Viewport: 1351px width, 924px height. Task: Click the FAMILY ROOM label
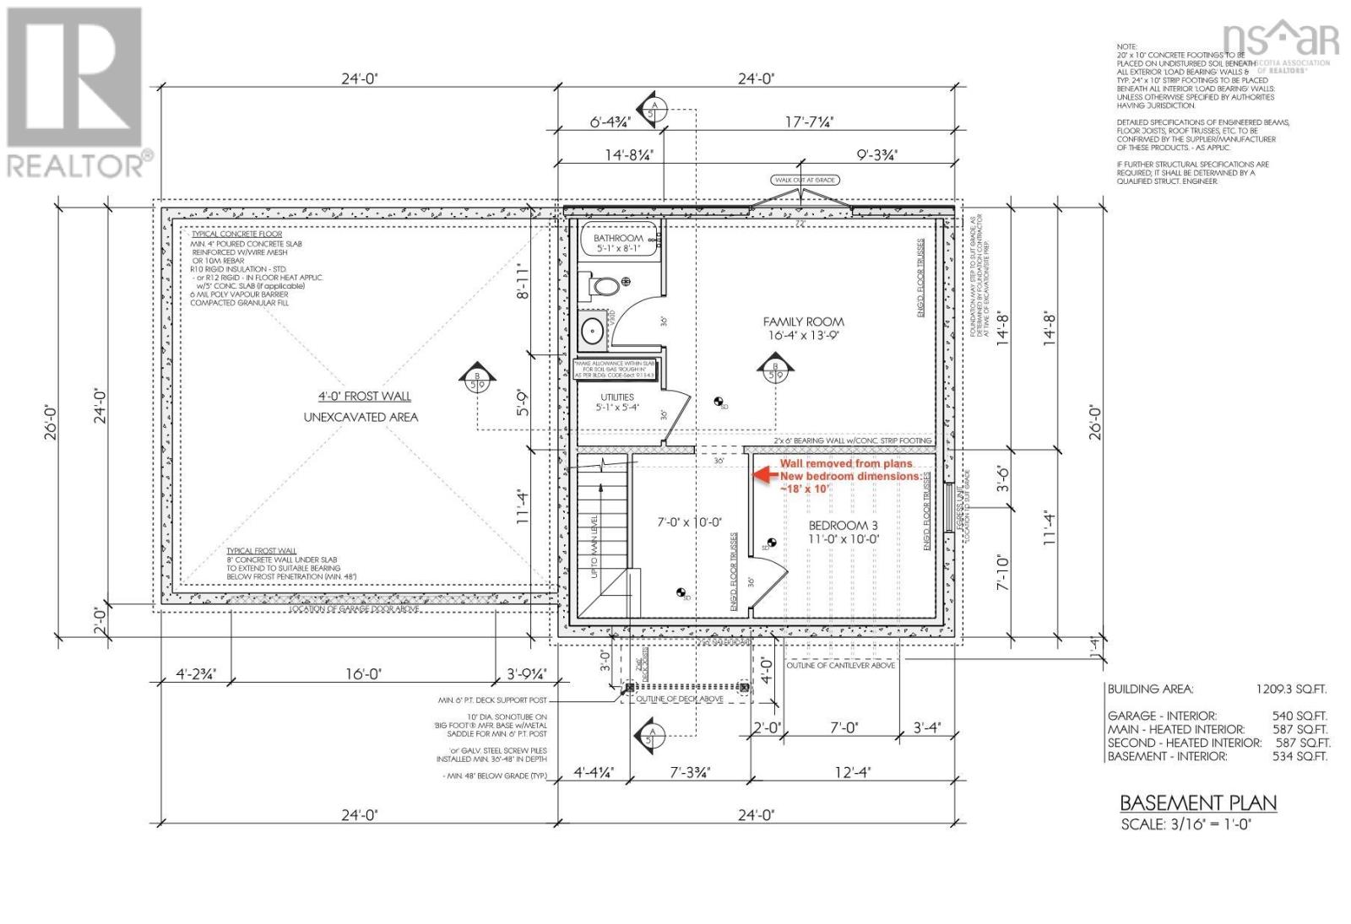[803, 322]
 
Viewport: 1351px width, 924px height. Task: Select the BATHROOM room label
[618, 238]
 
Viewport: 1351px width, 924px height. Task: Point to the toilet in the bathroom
[603, 287]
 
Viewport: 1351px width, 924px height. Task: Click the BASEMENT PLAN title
[1197, 802]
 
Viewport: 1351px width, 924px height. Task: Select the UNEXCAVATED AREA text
[361, 417]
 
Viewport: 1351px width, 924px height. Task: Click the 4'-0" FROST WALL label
[364, 396]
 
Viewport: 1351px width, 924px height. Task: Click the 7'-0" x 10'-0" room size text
[689, 522]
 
